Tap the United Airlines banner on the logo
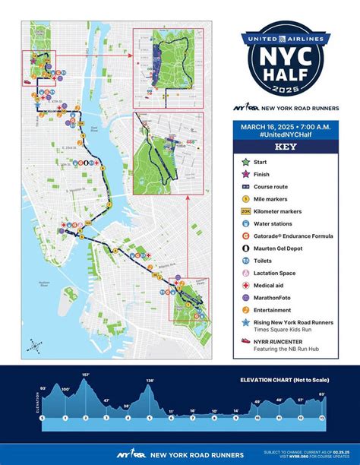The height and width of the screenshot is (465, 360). (x=285, y=37)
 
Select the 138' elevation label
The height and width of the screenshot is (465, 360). (x=150, y=380)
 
